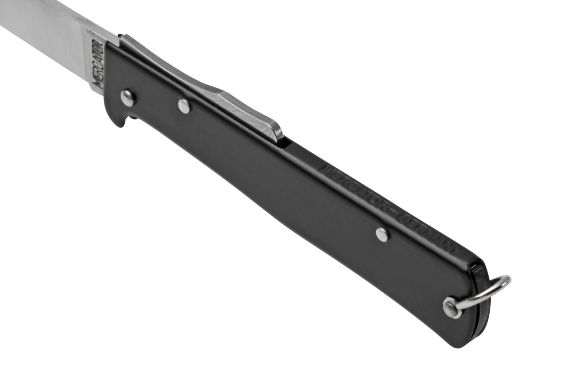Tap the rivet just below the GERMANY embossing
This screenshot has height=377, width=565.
[x=382, y=234]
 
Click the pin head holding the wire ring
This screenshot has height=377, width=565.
[x=450, y=304]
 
